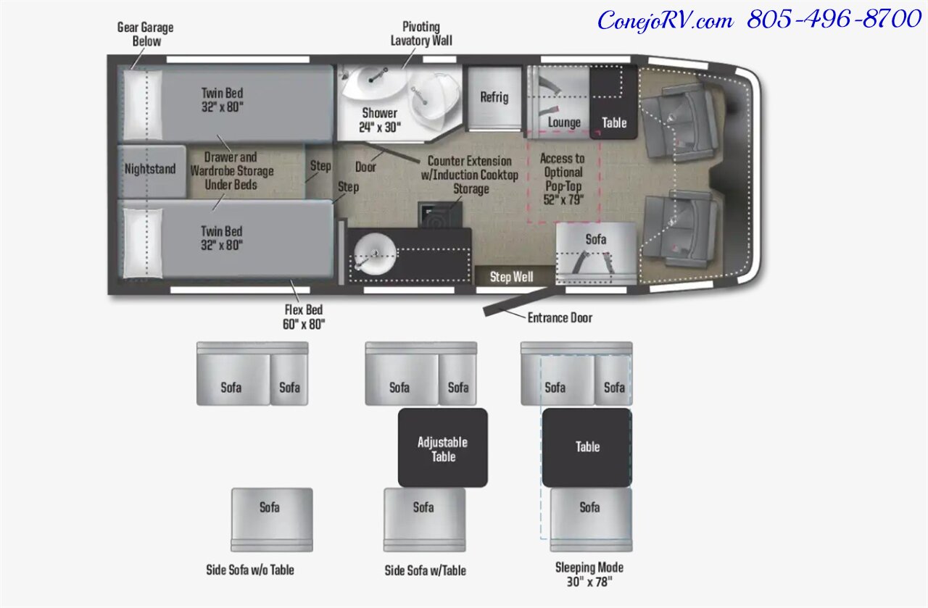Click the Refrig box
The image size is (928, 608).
tap(494, 97)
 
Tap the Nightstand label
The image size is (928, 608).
tap(150, 169)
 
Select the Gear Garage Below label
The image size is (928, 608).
tap(146, 34)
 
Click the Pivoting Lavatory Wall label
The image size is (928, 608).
tap(421, 34)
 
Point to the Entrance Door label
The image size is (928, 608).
tap(559, 317)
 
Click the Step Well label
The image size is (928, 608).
tap(512, 277)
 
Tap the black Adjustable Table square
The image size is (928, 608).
tap(442, 449)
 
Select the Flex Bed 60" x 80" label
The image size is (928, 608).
tap(304, 317)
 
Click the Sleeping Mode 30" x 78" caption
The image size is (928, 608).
tap(589, 574)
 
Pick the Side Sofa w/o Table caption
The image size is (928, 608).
tap(250, 570)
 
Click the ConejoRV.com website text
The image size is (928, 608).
tap(665, 20)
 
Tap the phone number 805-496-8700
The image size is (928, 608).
tap(834, 20)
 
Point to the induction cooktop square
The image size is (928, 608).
tap(438, 215)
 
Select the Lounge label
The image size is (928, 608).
tap(564, 122)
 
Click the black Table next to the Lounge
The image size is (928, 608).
tap(614, 122)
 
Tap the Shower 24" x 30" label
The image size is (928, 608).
tap(379, 120)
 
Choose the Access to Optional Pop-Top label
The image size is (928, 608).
tap(563, 178)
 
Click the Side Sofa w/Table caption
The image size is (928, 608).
tap(425, 570)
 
